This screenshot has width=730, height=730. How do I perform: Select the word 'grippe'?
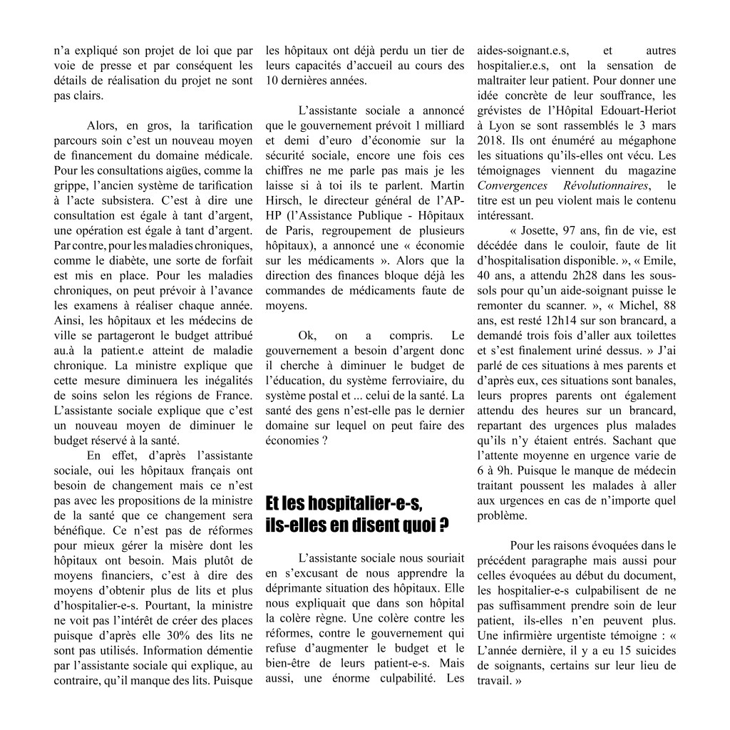click(71, 186)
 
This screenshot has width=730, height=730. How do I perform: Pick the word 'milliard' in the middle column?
click(446, 126)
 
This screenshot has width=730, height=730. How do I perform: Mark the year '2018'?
click(492, 141)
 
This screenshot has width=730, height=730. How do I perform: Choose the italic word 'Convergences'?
click(513, 186)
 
